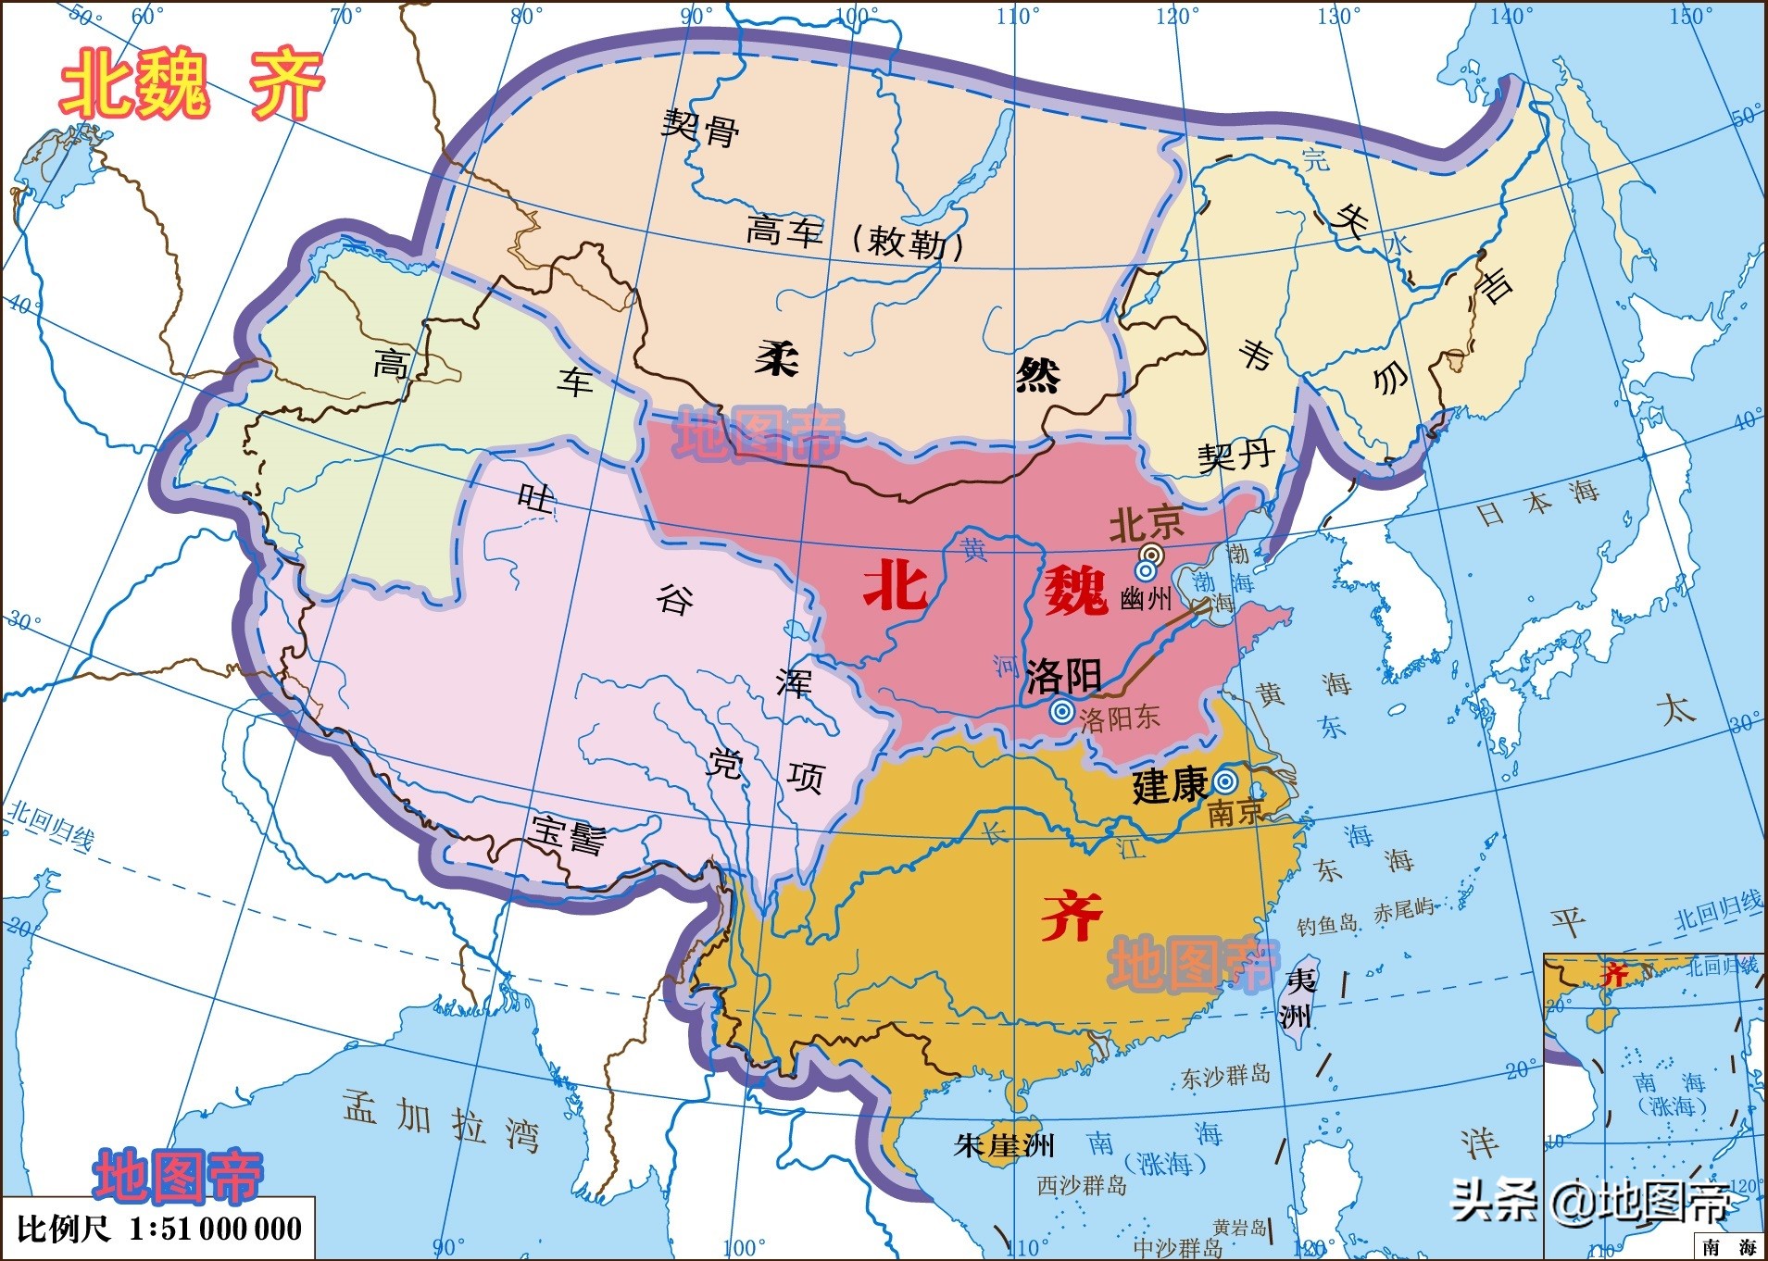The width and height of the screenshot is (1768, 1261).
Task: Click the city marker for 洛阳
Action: (x=1062, y=712)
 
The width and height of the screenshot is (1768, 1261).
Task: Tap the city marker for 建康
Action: (x=1224, y=780)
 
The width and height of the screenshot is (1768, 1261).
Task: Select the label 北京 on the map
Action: (x=1146, y=524)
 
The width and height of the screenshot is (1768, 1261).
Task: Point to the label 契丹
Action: (x=1235, y=456)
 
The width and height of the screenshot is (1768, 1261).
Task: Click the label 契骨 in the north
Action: (x=700, y=128)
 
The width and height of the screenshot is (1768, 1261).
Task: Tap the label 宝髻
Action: (x=569, y=835)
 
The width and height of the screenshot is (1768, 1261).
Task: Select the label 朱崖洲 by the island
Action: (x=1004, y=1145)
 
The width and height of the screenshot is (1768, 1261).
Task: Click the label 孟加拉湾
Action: (x=441, y=1120)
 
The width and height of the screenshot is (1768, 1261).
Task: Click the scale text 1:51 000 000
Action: (x=215, y=1229)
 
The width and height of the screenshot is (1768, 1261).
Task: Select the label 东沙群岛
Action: (x=1225, y=1077)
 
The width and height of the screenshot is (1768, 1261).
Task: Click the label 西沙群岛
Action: (x=1081, y=1185)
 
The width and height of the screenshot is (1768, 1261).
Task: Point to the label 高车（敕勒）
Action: (x=856, y=237)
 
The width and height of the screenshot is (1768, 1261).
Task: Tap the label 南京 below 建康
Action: (x=1235, y=812)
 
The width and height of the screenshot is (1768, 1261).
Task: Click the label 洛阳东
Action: (x=1119, y=718)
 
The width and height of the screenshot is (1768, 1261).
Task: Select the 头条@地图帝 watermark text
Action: (x=1589, y=1202)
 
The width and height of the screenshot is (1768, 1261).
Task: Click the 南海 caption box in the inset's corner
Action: (x=1728, y=1247)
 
